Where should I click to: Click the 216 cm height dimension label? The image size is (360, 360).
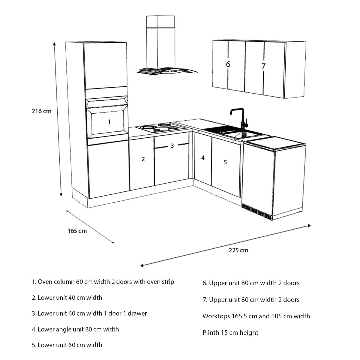[42, 111]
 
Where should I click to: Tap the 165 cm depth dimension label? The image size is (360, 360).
[77, 231]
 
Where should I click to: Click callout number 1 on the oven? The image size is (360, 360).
[109, 121]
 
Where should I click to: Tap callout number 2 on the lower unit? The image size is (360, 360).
[143, 159]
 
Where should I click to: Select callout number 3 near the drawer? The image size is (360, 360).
[172, 146]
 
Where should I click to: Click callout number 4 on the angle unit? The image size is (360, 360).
[203, 157]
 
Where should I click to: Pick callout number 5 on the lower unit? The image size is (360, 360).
[225, 162]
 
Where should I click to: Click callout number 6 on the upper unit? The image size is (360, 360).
[228, 64]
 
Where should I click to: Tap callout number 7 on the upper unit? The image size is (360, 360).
[263, 66]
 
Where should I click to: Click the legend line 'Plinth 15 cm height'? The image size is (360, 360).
[230, 332]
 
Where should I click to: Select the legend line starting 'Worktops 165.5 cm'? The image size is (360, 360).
[256, 316]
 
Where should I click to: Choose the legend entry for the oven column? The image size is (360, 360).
[103, 282]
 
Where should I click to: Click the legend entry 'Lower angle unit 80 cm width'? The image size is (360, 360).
[75, 329]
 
